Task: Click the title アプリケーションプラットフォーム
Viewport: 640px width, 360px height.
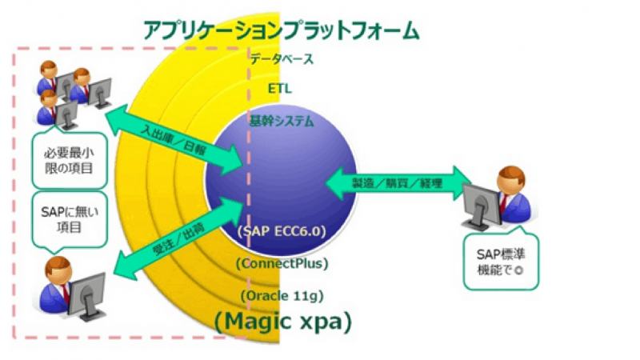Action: pos(281,30)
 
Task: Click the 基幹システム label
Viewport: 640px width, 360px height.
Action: pos(281,122)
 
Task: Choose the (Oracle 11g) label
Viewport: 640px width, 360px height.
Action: pos(281,295)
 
